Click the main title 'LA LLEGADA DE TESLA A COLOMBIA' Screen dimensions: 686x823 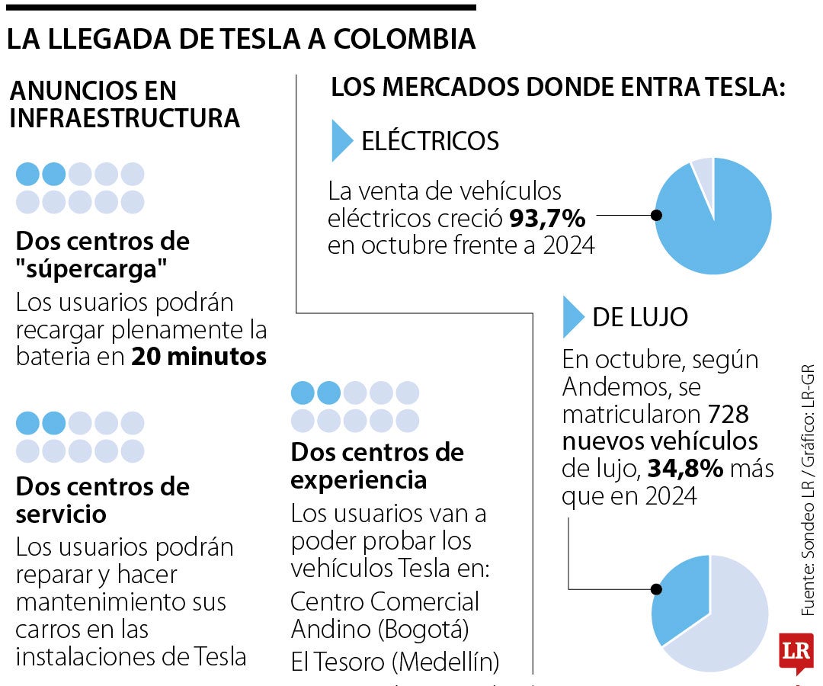click(x=242, y=40)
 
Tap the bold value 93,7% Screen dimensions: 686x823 click(x=546, y=220)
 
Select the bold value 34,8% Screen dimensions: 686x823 click(x=684, y=469)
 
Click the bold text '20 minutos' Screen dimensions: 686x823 click(x=199, y=357)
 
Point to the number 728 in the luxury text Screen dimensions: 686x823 click(x=728, y=415)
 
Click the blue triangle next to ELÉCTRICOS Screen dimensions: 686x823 click(x=341, y=141)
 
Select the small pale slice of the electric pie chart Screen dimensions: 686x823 click(x=703, y=171)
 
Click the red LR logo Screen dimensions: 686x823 click(x=796, y=652)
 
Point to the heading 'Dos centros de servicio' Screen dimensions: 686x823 click(x=102, y=499)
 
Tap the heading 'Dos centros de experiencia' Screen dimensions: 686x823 click(x=377, y=466)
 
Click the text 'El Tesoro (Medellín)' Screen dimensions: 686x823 click(x=395, y=662)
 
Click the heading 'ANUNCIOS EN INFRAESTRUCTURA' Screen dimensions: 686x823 click(x=124, y=104)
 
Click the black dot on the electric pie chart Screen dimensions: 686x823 click(x=657, y=216)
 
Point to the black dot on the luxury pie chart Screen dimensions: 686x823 click(x=655, y=589)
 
